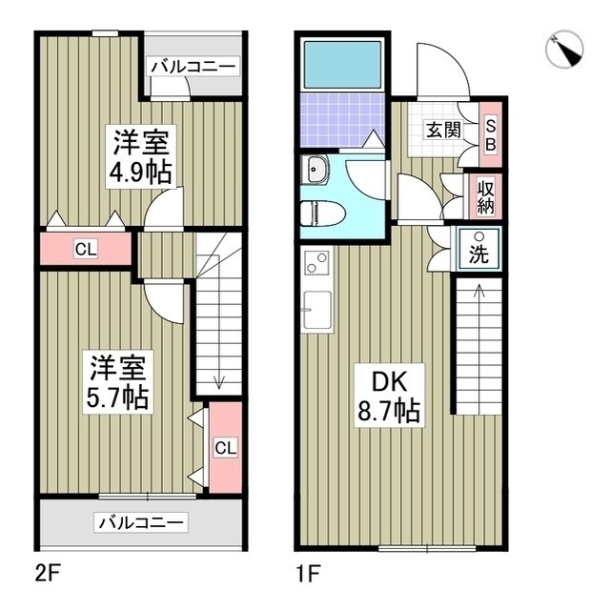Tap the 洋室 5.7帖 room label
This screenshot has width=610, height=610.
click(119, 381)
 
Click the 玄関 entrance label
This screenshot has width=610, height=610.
click(438, 131)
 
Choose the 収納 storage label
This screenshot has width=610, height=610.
click(486, 195)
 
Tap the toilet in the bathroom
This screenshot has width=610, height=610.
click(316, 213)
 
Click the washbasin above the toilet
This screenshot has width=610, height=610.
click(315, 171)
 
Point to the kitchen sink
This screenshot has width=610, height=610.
click(317, 310)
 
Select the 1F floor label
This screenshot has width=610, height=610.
click(308, 574)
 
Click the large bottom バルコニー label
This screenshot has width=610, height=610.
click(140, 522)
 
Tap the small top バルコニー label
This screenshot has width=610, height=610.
click(193, 67)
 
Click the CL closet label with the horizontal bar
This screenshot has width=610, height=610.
click(85, 251)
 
